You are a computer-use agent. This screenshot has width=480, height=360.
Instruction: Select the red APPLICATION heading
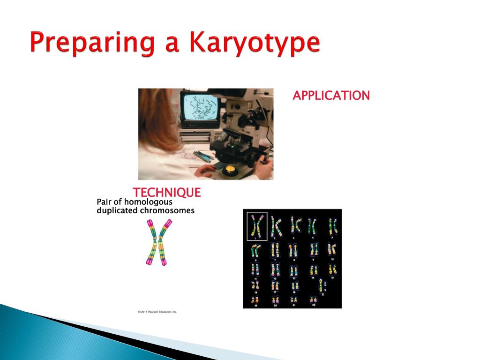(x=331, y=96)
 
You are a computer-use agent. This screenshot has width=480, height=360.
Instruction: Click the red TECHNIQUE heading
(x=166, y=192)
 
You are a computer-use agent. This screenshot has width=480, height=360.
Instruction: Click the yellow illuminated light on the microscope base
(x=230, y=169)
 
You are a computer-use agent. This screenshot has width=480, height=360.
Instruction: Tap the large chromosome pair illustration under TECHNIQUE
(x=157, y=242)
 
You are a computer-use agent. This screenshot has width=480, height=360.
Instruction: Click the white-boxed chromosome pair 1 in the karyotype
(x=257, y=225)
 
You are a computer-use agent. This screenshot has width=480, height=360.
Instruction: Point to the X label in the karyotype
(x=322, y=294)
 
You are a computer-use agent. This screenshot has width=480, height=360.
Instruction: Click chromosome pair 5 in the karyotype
(x=333, y=225)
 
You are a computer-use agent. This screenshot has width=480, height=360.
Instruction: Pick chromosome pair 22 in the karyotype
(x=313, y=300)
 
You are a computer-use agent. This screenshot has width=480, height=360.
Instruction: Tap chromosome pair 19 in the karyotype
(x=256, y=300)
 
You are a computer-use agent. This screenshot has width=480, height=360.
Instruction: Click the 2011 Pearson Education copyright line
(x=157, y=312)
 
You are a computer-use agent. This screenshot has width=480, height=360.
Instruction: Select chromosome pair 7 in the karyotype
(x=276, y=250)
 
